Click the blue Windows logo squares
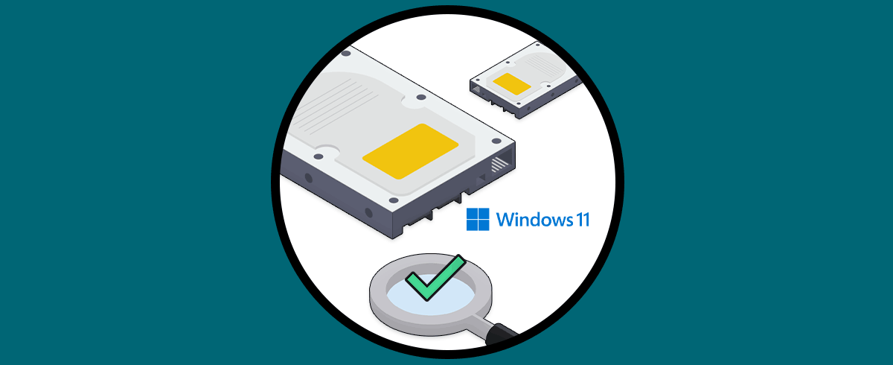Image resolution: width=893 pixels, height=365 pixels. pos(478,220)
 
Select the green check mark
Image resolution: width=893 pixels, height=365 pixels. pos(435,278)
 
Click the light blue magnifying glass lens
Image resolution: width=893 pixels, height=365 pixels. pos(431,295)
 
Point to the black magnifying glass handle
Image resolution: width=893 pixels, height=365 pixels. pos(501,334)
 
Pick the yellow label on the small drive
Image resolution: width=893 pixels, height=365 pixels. pos(512,83)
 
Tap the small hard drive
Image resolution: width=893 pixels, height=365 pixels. pos(525,80)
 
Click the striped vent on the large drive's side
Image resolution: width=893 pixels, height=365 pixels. pos(499,164)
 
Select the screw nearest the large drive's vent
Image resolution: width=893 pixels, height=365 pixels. pos(496,141)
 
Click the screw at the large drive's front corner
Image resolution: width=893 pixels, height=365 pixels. pos(394,200)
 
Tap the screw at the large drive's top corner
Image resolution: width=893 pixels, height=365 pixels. pos(346,53)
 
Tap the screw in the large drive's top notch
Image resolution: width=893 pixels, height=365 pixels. pos(421,98)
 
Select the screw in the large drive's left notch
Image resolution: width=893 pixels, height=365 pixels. pos(319,156)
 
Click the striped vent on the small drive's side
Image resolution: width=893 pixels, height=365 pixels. pos(476,89)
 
